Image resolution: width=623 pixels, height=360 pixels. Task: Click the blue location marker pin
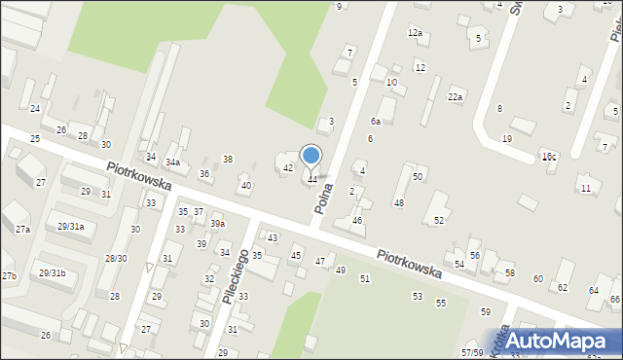pyautogui.click(x=311, y=156)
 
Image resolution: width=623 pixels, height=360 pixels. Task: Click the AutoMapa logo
pyautogui.click(x=558, y=341)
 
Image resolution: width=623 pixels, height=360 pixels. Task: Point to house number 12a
pyautogui.click(x=416, y=33)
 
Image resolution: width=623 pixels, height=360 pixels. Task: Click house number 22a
pyautogui.click(x=455, y=97)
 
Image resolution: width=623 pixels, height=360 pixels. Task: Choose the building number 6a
pyautogui.click(x=375, y=122)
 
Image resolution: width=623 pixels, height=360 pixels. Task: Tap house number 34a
pyautogui.click(x=172, y=162)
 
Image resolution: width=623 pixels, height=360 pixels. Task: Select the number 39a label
pyautogui.click(x=217, y=224)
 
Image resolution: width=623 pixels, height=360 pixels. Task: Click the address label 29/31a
pyautogui.click(x=71, y=227)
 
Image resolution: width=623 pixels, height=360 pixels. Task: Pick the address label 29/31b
pyautogui.click(x=52, y=273)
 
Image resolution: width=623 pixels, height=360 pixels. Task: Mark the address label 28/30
pyautogui.click(x=116, y=258)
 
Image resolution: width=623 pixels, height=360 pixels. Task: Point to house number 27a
pyautogui.click(x=22, y=230)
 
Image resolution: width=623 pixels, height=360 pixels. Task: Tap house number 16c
pyautogui.click(x=550, y=156)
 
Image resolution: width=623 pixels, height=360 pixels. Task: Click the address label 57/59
pyautogui.click(x=472, y=352)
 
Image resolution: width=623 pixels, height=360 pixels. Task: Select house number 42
pyautogui.click(x=288, y=168)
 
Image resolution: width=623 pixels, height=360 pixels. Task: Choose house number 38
pyautogui.click(x=228, y=159)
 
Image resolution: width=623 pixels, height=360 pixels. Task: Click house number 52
pyautogui.click(x=439, y=221)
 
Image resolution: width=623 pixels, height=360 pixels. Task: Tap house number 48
pyautogui.click(x=398, y=202)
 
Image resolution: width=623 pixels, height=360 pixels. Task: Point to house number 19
pyautogui.click(x=507, y=139)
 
